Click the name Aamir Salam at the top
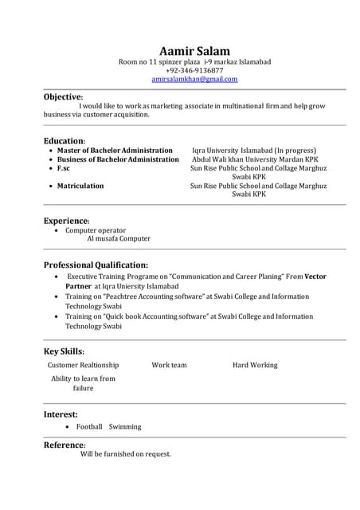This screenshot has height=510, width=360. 194,51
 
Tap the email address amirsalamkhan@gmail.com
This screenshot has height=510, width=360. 194,79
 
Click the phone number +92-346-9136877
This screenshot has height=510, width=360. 194,70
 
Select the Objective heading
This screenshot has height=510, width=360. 62,96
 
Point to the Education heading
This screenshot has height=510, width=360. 64,140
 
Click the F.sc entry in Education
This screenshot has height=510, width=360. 64,168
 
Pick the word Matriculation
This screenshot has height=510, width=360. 80,186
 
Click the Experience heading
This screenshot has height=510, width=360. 66,220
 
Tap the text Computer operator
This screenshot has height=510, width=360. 96,230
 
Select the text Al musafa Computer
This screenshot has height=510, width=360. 118,238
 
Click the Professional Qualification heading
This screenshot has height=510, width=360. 96,265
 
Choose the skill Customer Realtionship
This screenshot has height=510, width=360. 83,365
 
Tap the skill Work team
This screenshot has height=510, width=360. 169,365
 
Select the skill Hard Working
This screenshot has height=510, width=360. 255,365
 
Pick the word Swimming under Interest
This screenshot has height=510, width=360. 125,426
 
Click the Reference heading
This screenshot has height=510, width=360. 64,445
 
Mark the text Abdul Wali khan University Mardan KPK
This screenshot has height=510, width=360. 255,159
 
